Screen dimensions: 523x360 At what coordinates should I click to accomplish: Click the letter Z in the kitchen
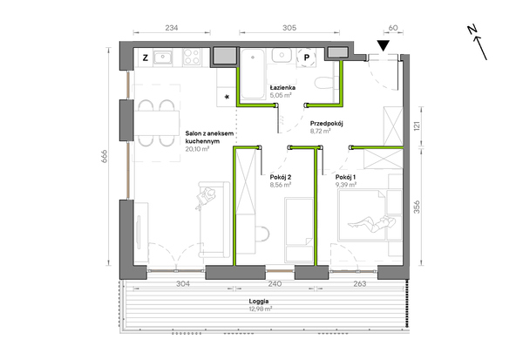pos(145,58)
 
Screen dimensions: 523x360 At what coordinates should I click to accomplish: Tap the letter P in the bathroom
pos(307,58)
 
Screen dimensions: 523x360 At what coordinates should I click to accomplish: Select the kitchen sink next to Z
pos(162,57)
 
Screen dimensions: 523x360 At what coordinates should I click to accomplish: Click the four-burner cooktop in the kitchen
pos(192,57)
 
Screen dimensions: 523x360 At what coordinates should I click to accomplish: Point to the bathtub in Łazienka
pos(253,74)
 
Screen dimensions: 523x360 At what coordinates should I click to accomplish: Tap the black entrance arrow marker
pos(384,45)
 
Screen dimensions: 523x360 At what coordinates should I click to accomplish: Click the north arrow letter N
pos(472,30)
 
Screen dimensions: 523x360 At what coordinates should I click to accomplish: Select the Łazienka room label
pos(282,88)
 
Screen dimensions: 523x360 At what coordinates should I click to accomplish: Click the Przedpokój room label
pos(327,124)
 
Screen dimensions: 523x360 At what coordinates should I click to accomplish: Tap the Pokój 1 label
pos(345,177)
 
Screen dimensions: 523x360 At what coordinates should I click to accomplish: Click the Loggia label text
pos(259,302)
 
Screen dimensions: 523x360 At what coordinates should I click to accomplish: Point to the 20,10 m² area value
pos(197,149)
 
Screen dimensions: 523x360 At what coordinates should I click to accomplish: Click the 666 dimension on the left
pos(104,156)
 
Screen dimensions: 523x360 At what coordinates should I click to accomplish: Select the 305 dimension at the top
pos(289,28)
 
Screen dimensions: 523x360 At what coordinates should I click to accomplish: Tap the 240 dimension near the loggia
pos(275,284)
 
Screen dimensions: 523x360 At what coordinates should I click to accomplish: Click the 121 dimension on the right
pos(417,126)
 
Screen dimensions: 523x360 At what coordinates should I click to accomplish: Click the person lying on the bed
pos(371,223)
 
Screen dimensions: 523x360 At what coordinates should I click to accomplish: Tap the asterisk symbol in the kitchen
pos(228,98)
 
